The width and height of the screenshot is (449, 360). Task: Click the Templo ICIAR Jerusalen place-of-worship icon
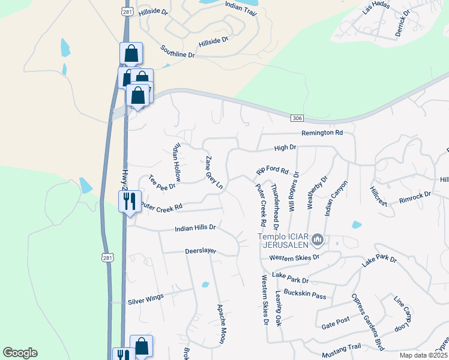click(318, 241)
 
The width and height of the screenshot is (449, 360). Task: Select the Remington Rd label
click(322, 133)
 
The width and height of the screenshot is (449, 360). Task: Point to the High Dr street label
click(285, 147)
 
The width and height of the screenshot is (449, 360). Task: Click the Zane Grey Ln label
click(214, 173)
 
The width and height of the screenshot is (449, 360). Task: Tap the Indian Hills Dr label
click(195, 228)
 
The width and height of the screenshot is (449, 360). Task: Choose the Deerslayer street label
click(200, 251)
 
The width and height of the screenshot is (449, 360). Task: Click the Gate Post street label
click(335, 324)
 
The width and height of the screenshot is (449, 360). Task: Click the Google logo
click(20, 353)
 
